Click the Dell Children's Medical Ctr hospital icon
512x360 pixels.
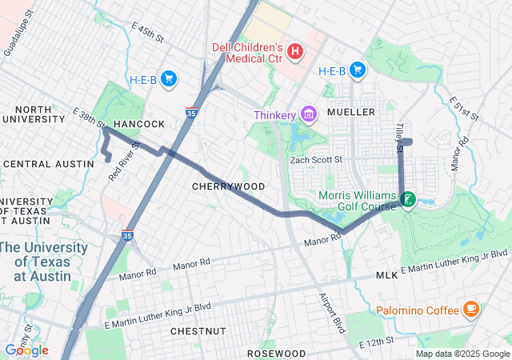294,52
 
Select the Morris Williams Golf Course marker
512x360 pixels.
408,199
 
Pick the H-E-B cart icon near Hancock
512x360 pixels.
168,78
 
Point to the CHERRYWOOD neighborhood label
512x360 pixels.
228,186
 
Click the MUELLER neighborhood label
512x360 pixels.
350,112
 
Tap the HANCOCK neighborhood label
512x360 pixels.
138,124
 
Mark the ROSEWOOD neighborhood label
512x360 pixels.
276,353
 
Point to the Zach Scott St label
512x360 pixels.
315,160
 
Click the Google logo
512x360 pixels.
26,350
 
